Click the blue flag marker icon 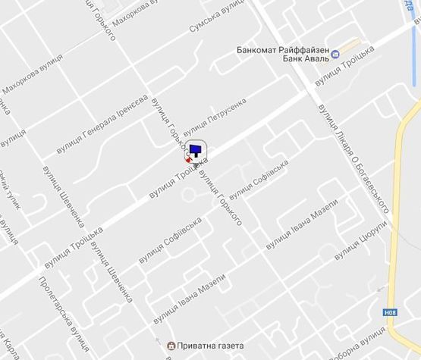coord(196,150)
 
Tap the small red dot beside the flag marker coord(188,160)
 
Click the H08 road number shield coord(390,311)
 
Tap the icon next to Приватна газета coord(171,346)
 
